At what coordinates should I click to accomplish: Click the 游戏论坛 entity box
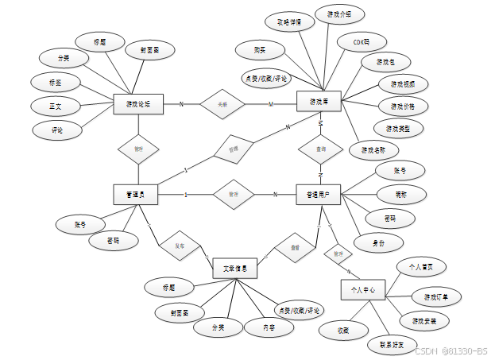pyautogui.click(x=139, y=104)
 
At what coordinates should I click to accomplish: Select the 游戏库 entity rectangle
pyautogui.click(x=319, y=103)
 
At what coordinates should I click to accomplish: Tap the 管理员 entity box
pyautogui.click(x=135, y=193)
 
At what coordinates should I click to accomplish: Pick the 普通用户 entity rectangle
pyautogui.click(x=319, y=193)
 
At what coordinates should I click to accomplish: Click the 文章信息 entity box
pyautogui.click(x=235, y=269)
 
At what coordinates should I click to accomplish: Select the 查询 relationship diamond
pyautogui.click(x=319, y=149)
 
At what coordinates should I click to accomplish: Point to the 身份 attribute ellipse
pyautogui.click(x=380, y=243)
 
